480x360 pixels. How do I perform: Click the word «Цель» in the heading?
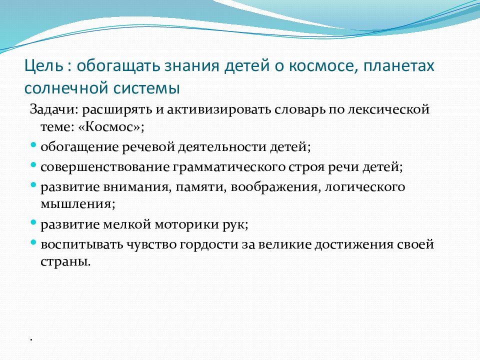(44, 66)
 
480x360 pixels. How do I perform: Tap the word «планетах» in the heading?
(399, 66)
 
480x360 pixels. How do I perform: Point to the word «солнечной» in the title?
(66, 88)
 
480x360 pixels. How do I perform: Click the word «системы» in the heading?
(146, 88)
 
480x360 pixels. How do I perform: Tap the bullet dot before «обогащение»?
(33, 144)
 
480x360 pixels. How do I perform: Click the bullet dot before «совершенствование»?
(33, 164)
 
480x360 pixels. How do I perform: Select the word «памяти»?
(201, 187)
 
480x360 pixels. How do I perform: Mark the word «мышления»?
(78, 204)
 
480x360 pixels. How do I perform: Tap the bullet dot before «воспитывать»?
(33, 242)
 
